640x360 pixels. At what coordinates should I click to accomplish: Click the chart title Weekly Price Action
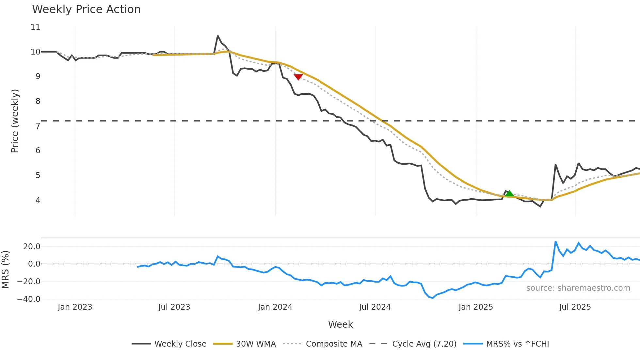pos(86,9)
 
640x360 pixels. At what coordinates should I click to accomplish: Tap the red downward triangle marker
pos(298,77)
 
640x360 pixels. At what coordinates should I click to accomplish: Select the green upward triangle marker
pos(509,193)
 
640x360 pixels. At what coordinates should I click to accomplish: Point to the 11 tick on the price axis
pos(36,27)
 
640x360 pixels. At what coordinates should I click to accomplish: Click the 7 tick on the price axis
pos(38,126)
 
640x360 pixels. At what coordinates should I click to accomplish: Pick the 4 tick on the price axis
pos(38,200)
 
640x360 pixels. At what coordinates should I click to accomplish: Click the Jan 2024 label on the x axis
pos(275,307)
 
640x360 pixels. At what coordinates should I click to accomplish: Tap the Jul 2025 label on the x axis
pos(575,307)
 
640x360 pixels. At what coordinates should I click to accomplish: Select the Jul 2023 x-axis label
pos(174,307)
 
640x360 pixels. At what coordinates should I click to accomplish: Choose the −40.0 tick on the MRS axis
pos(29,299)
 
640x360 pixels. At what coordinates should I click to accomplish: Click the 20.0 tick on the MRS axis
pos(32,247)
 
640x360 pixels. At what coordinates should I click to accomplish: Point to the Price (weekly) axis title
pos(15,121)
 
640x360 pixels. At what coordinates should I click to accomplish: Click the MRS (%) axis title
pos(5,270)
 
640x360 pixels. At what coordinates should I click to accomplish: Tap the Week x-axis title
pos(340,324)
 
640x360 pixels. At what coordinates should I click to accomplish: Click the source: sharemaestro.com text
pos(578,288)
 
